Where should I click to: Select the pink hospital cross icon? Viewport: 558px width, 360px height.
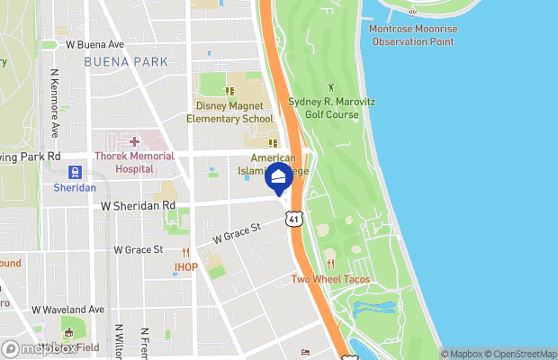134,141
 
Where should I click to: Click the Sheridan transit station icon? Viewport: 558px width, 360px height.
75,173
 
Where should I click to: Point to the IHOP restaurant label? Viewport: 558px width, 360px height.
185,266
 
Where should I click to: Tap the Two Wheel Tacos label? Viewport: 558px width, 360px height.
330,279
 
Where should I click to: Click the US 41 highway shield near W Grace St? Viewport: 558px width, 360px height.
294,219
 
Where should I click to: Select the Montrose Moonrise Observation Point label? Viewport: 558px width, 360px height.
415,35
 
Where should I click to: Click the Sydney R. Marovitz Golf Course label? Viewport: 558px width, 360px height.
330,108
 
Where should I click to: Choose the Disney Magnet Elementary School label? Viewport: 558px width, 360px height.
229,112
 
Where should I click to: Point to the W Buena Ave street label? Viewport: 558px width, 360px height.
94,44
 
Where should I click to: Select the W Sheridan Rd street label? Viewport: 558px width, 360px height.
138,205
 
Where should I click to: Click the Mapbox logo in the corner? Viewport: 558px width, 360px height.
38,348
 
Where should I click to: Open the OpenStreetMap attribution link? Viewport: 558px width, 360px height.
522,354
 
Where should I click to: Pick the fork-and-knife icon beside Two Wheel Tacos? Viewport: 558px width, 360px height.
330,264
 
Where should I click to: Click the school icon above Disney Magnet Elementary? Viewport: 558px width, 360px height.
229,91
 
